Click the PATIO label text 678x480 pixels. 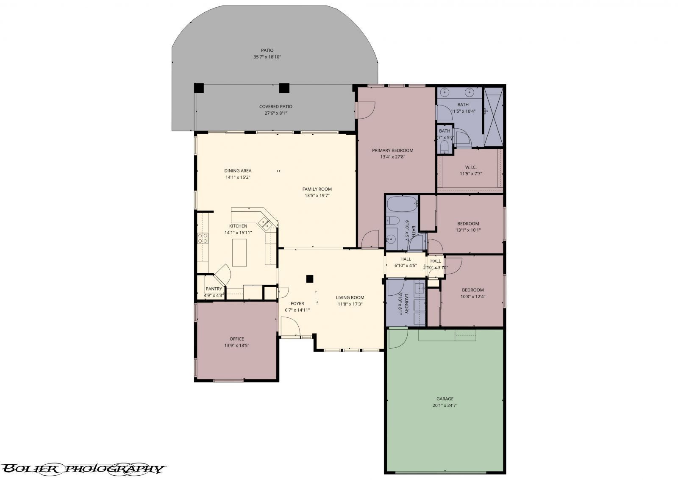pos(267,50)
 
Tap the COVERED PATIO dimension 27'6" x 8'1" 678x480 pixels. pos(276,113)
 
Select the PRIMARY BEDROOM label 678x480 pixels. pos(392,150)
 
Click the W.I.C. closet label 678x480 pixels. pos(471,167)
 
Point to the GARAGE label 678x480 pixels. pos(445,399)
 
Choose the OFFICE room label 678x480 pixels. pos(236,339)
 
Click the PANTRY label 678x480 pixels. pos(214,289)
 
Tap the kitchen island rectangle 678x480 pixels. pos(239,252)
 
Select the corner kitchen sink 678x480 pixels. pos(266,223)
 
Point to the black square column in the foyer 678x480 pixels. pos(310,279)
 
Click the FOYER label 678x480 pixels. pos(297,303)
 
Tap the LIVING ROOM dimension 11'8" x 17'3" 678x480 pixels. pos(350,304)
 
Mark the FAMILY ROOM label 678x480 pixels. pos(317,189)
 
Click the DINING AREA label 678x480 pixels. pos(238,171)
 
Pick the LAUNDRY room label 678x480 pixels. pos(406,304)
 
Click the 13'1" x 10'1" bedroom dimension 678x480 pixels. pos(468,230)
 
